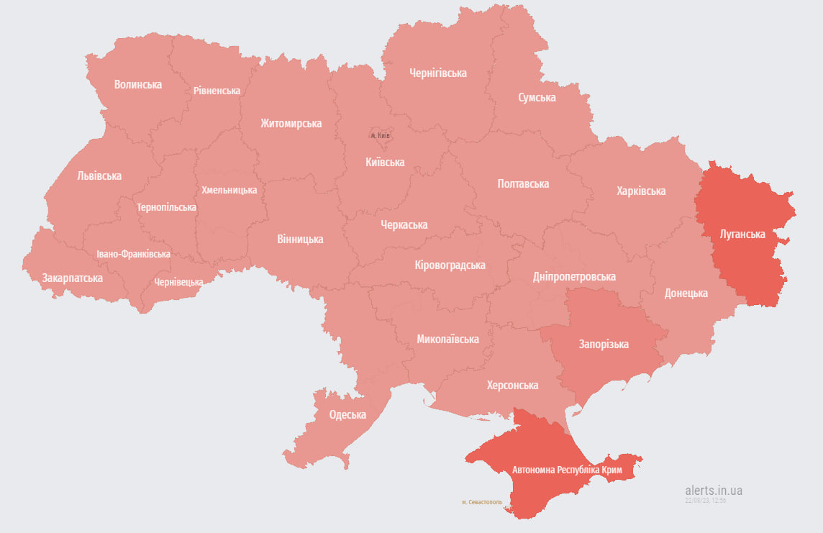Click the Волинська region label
(x=138, y=84)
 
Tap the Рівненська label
(x=217, y=91)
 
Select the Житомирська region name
(x=291, y=123)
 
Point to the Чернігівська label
(x=437, y=73)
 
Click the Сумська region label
(x=537, y=97)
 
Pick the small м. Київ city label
(x=380, y=135)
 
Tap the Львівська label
(x=99, y=176)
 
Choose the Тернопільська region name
(x=166, y=207)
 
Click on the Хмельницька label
(x=229, y=190)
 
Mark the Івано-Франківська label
(x=133, y=254)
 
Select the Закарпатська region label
(x=72, y=278)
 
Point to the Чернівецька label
(x=178, y=282)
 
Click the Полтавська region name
(x=523, y=183)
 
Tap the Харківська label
(x=640, y=191)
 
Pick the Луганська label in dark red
(x=742, y=234)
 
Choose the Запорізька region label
(x=604, y=344)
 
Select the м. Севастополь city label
(x=482, y=502)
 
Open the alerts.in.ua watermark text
(x=714, y=491)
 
